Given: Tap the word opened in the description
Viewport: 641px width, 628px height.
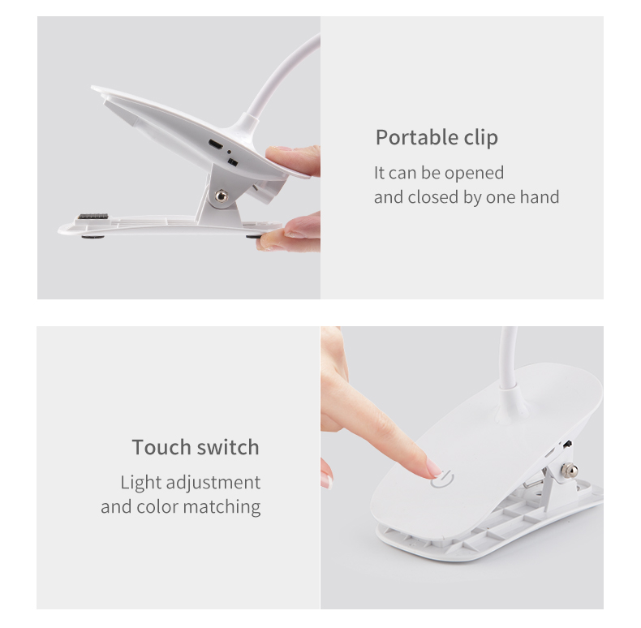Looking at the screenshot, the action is (x=474, y=174).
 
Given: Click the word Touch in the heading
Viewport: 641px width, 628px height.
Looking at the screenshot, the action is (x=161, y=447).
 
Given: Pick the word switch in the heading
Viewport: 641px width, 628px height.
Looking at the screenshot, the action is (x=228, y=447).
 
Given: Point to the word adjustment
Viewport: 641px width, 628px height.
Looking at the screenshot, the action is (x=213, y=484).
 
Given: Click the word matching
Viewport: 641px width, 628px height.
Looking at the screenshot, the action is (x=222, y=507).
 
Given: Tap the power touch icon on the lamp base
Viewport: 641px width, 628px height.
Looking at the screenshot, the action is (x=442, y=480).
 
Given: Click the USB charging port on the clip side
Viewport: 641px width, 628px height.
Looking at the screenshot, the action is (x=216, y=144).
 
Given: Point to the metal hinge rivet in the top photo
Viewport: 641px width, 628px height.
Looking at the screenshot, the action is (x=222, y=196).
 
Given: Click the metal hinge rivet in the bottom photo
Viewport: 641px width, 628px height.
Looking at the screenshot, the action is (x=569, y=471).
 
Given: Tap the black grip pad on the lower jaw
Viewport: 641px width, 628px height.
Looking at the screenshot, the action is (x=93, y=217).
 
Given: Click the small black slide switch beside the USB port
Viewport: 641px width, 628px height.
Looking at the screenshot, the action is (x=232, y=162).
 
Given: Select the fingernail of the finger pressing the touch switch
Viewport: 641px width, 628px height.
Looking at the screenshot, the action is (x=434, y=467).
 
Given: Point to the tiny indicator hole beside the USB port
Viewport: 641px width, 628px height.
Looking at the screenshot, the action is (x=229, y=152).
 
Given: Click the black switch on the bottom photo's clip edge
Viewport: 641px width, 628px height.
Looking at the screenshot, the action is (x=567, y=444).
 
